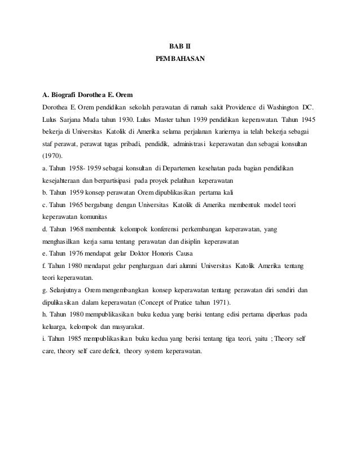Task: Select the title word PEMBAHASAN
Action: (180, 59)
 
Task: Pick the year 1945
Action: (308, 120)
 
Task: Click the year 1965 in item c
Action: (80, 205)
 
